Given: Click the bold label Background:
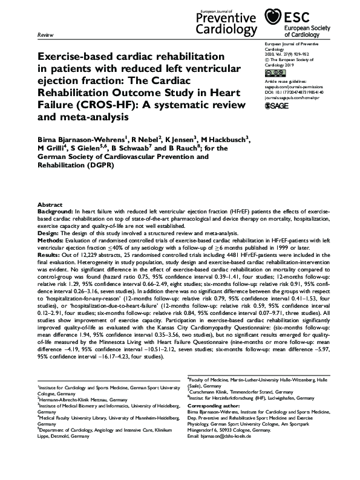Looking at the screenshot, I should coord(55,212).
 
